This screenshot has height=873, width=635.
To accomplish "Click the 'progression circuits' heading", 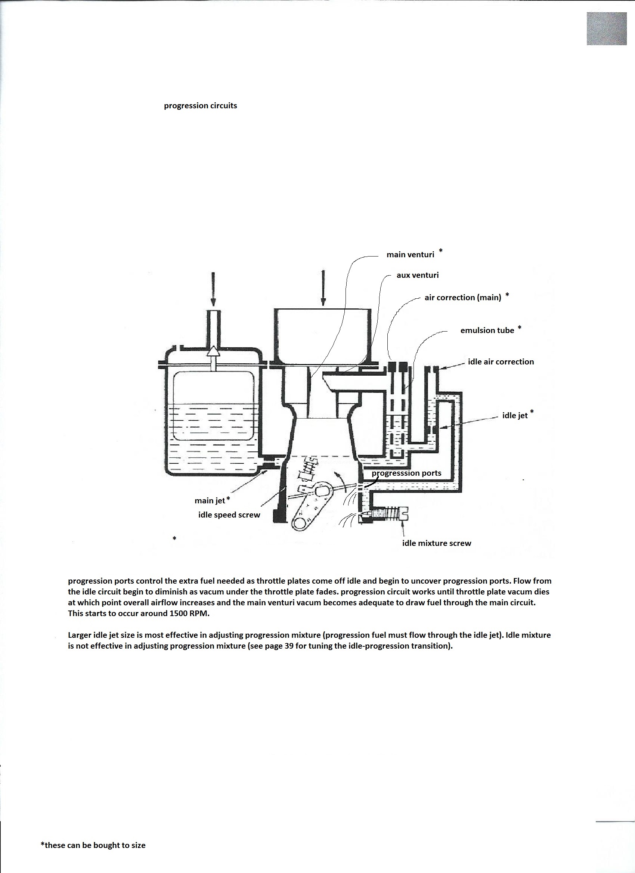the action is pos(200,106).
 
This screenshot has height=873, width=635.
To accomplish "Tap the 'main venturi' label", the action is pos(410,254).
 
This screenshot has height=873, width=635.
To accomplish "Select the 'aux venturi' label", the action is pos(418,275).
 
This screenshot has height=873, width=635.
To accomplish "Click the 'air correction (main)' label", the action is pos(463,298).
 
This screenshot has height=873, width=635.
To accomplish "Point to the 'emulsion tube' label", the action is pos(487,330).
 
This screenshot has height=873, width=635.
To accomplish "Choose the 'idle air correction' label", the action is pos(501,362).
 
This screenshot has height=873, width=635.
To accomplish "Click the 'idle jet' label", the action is pos(515,416).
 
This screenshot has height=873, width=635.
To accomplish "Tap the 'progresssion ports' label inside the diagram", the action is pos(407,473).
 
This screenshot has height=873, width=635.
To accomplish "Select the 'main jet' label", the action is pos(210,500).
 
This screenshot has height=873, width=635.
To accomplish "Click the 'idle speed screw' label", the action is pos(229,515).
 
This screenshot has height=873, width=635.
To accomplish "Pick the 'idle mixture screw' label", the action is pos(436,543).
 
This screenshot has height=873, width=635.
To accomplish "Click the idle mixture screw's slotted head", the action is pos(406,513).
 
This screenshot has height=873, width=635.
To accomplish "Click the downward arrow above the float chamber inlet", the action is pos(213,289).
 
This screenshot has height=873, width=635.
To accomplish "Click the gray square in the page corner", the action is pos(607,28).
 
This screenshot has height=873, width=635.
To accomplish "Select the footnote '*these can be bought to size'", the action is pos(93,845).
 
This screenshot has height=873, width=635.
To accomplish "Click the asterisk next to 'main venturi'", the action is pos(441,251).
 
